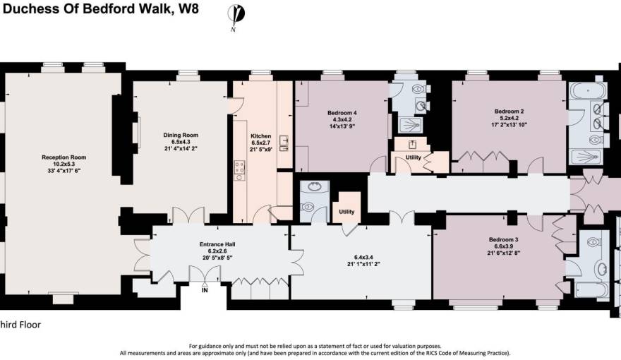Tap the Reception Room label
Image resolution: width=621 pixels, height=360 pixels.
pos(64,157)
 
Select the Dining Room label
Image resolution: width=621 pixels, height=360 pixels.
pos(181,135)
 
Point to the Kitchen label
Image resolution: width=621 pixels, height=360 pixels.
pos(261,136)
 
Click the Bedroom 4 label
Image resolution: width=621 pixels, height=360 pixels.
pos(342,113)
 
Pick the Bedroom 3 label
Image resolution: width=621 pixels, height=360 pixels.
pos(503,239)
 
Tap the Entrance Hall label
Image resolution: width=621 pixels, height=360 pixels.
pos(217,244)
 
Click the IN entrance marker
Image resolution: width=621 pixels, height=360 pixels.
pos(205,290)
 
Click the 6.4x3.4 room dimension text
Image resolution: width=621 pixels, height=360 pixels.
pos(364,257)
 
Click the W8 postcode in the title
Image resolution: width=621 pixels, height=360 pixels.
pos(188,8)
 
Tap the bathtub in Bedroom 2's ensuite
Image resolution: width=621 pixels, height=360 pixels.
pos(588,90)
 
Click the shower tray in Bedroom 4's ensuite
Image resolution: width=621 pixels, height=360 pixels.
pos(410,125)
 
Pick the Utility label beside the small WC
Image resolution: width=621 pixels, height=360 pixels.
pos(346,212)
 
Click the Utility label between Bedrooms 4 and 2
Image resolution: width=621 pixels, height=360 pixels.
pos(413,157)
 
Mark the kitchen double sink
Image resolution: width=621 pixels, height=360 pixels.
pos(284,143)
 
